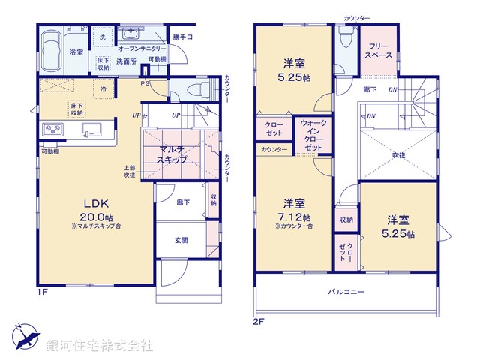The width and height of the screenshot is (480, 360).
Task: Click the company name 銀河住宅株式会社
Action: pyautogui.click(x=100, y=346)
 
